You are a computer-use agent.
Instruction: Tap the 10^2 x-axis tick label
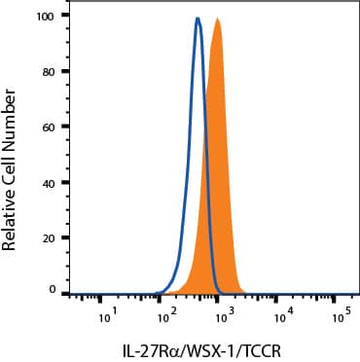coord(166,313)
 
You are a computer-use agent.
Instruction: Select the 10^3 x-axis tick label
coord(224,313)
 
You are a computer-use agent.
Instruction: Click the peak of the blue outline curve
coord(198,18)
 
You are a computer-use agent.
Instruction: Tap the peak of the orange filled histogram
coord(217,19)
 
